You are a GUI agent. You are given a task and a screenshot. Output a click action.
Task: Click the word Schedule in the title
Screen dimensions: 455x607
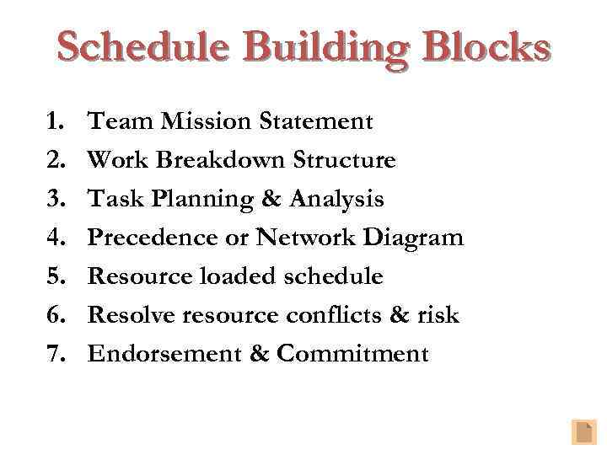(142, 48)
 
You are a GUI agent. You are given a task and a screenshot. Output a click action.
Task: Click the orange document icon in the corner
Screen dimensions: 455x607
(583, 431)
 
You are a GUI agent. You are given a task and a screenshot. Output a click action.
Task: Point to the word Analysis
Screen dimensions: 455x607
(336, 200)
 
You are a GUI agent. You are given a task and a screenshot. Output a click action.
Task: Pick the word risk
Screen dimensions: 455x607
(438, 316)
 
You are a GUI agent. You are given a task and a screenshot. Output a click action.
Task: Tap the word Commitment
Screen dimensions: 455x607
(352, 354)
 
